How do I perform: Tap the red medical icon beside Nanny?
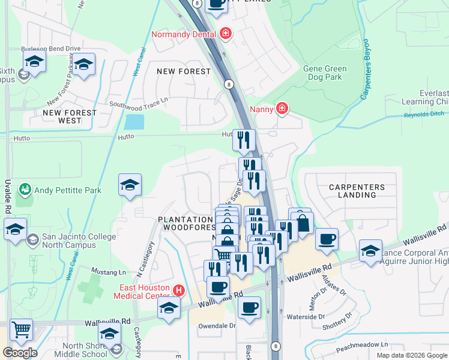click(282, 109)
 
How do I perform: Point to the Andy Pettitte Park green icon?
click(25, 190)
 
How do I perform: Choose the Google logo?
click(20, 353)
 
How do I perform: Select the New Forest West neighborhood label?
click(70, 116)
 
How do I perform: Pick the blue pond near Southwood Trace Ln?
click(134, 122)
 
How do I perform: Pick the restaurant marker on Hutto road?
click(244, 140)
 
